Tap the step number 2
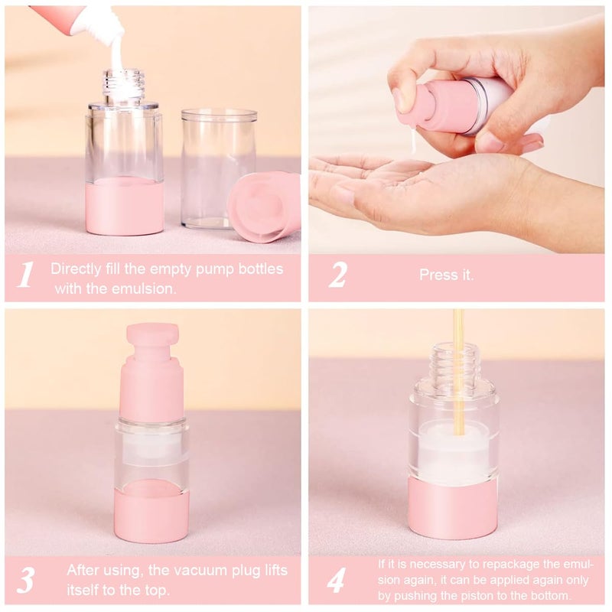337,275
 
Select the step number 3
25,579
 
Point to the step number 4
337,579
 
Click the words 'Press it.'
446,275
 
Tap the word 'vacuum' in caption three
189,570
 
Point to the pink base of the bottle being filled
124,207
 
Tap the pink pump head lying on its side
264,207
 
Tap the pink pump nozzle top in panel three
152,337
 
